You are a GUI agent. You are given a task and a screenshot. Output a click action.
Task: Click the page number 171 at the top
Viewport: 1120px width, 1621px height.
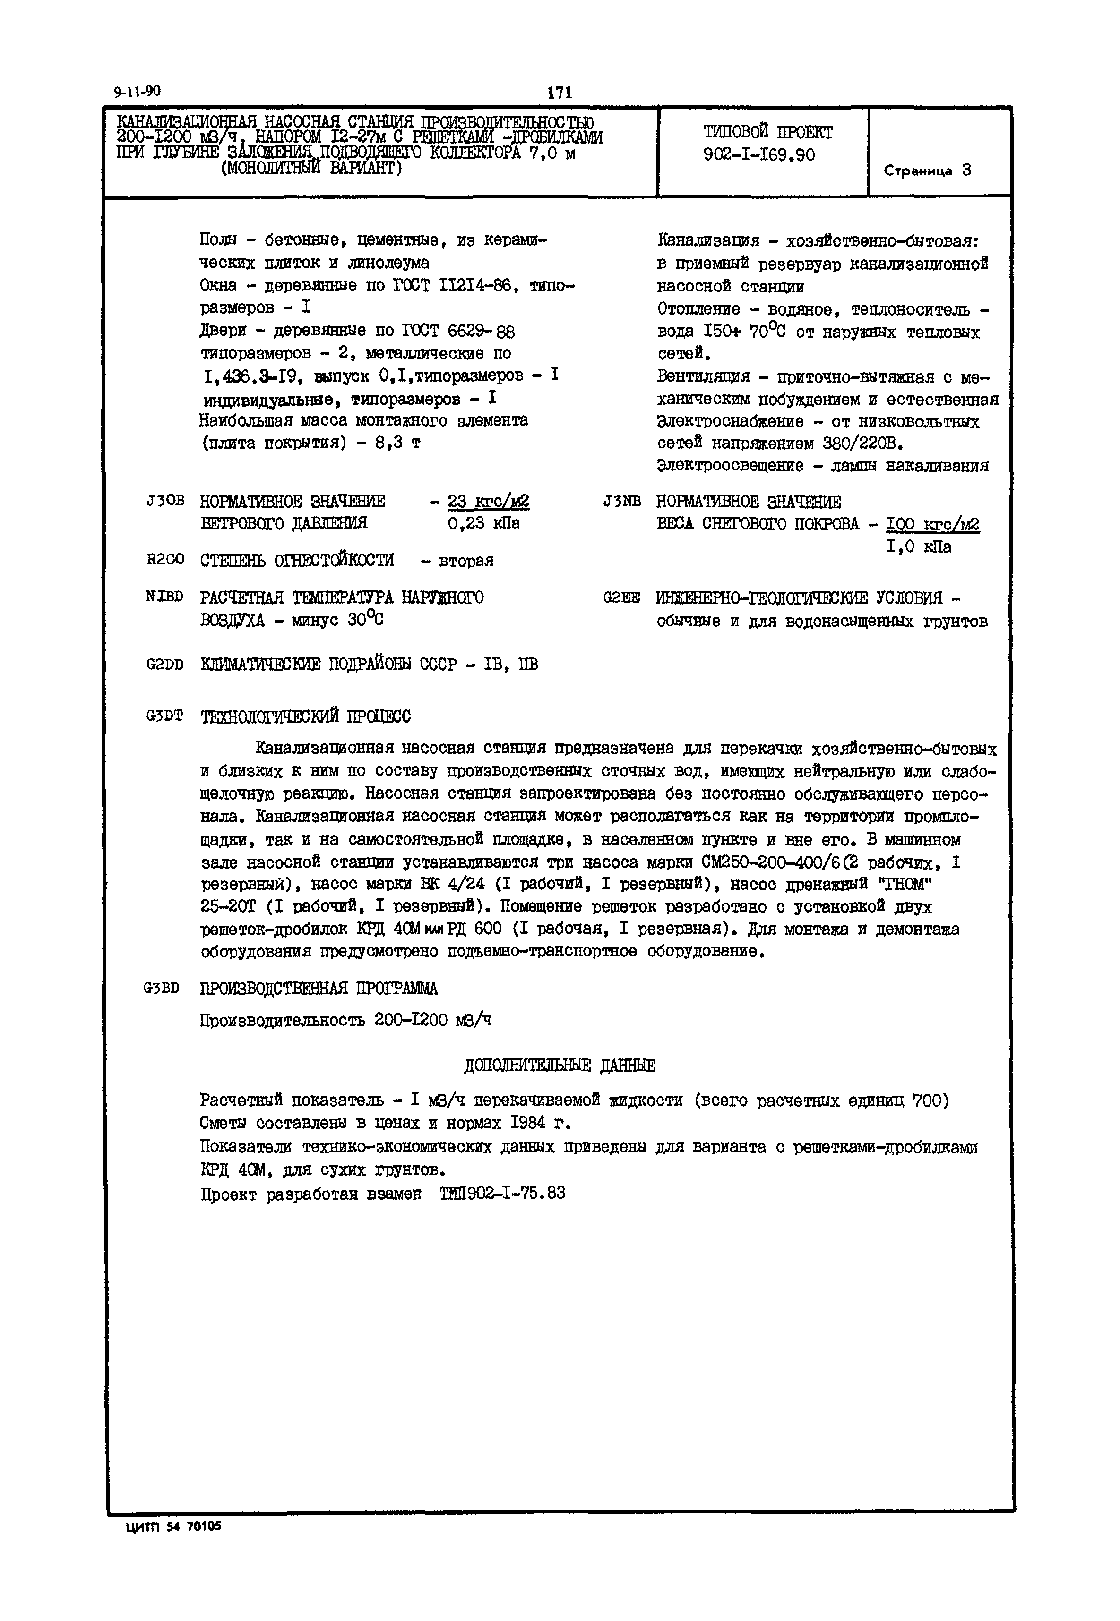(560, 93)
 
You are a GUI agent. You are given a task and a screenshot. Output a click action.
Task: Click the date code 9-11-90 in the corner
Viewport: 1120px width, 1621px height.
(137, 91)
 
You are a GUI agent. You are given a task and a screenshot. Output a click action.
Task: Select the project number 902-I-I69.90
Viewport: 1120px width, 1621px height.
(759, 155)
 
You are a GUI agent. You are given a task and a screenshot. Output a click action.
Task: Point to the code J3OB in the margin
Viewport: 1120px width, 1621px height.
(165, 502)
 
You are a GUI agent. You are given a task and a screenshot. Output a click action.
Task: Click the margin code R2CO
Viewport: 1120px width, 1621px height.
(165, 560)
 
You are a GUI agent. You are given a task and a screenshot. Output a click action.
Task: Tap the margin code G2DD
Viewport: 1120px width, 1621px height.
(165, 664)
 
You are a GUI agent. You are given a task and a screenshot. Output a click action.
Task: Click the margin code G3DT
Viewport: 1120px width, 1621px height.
(165, 716)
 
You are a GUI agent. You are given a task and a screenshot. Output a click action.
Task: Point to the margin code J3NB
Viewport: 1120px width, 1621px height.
(622, 502)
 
